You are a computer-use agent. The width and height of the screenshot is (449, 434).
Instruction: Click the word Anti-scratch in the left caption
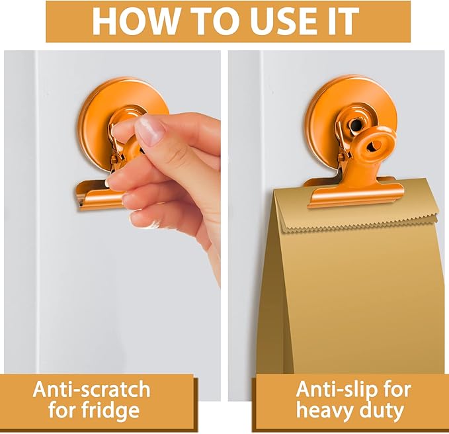(91, 389)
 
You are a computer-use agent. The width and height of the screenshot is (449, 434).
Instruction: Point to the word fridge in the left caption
(110, 411)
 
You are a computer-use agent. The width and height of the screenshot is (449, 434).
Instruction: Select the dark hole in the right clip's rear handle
(356, 124)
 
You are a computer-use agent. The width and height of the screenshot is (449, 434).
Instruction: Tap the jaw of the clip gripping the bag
(355, 193)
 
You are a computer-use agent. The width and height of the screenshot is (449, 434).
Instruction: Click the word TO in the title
(212, 21)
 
